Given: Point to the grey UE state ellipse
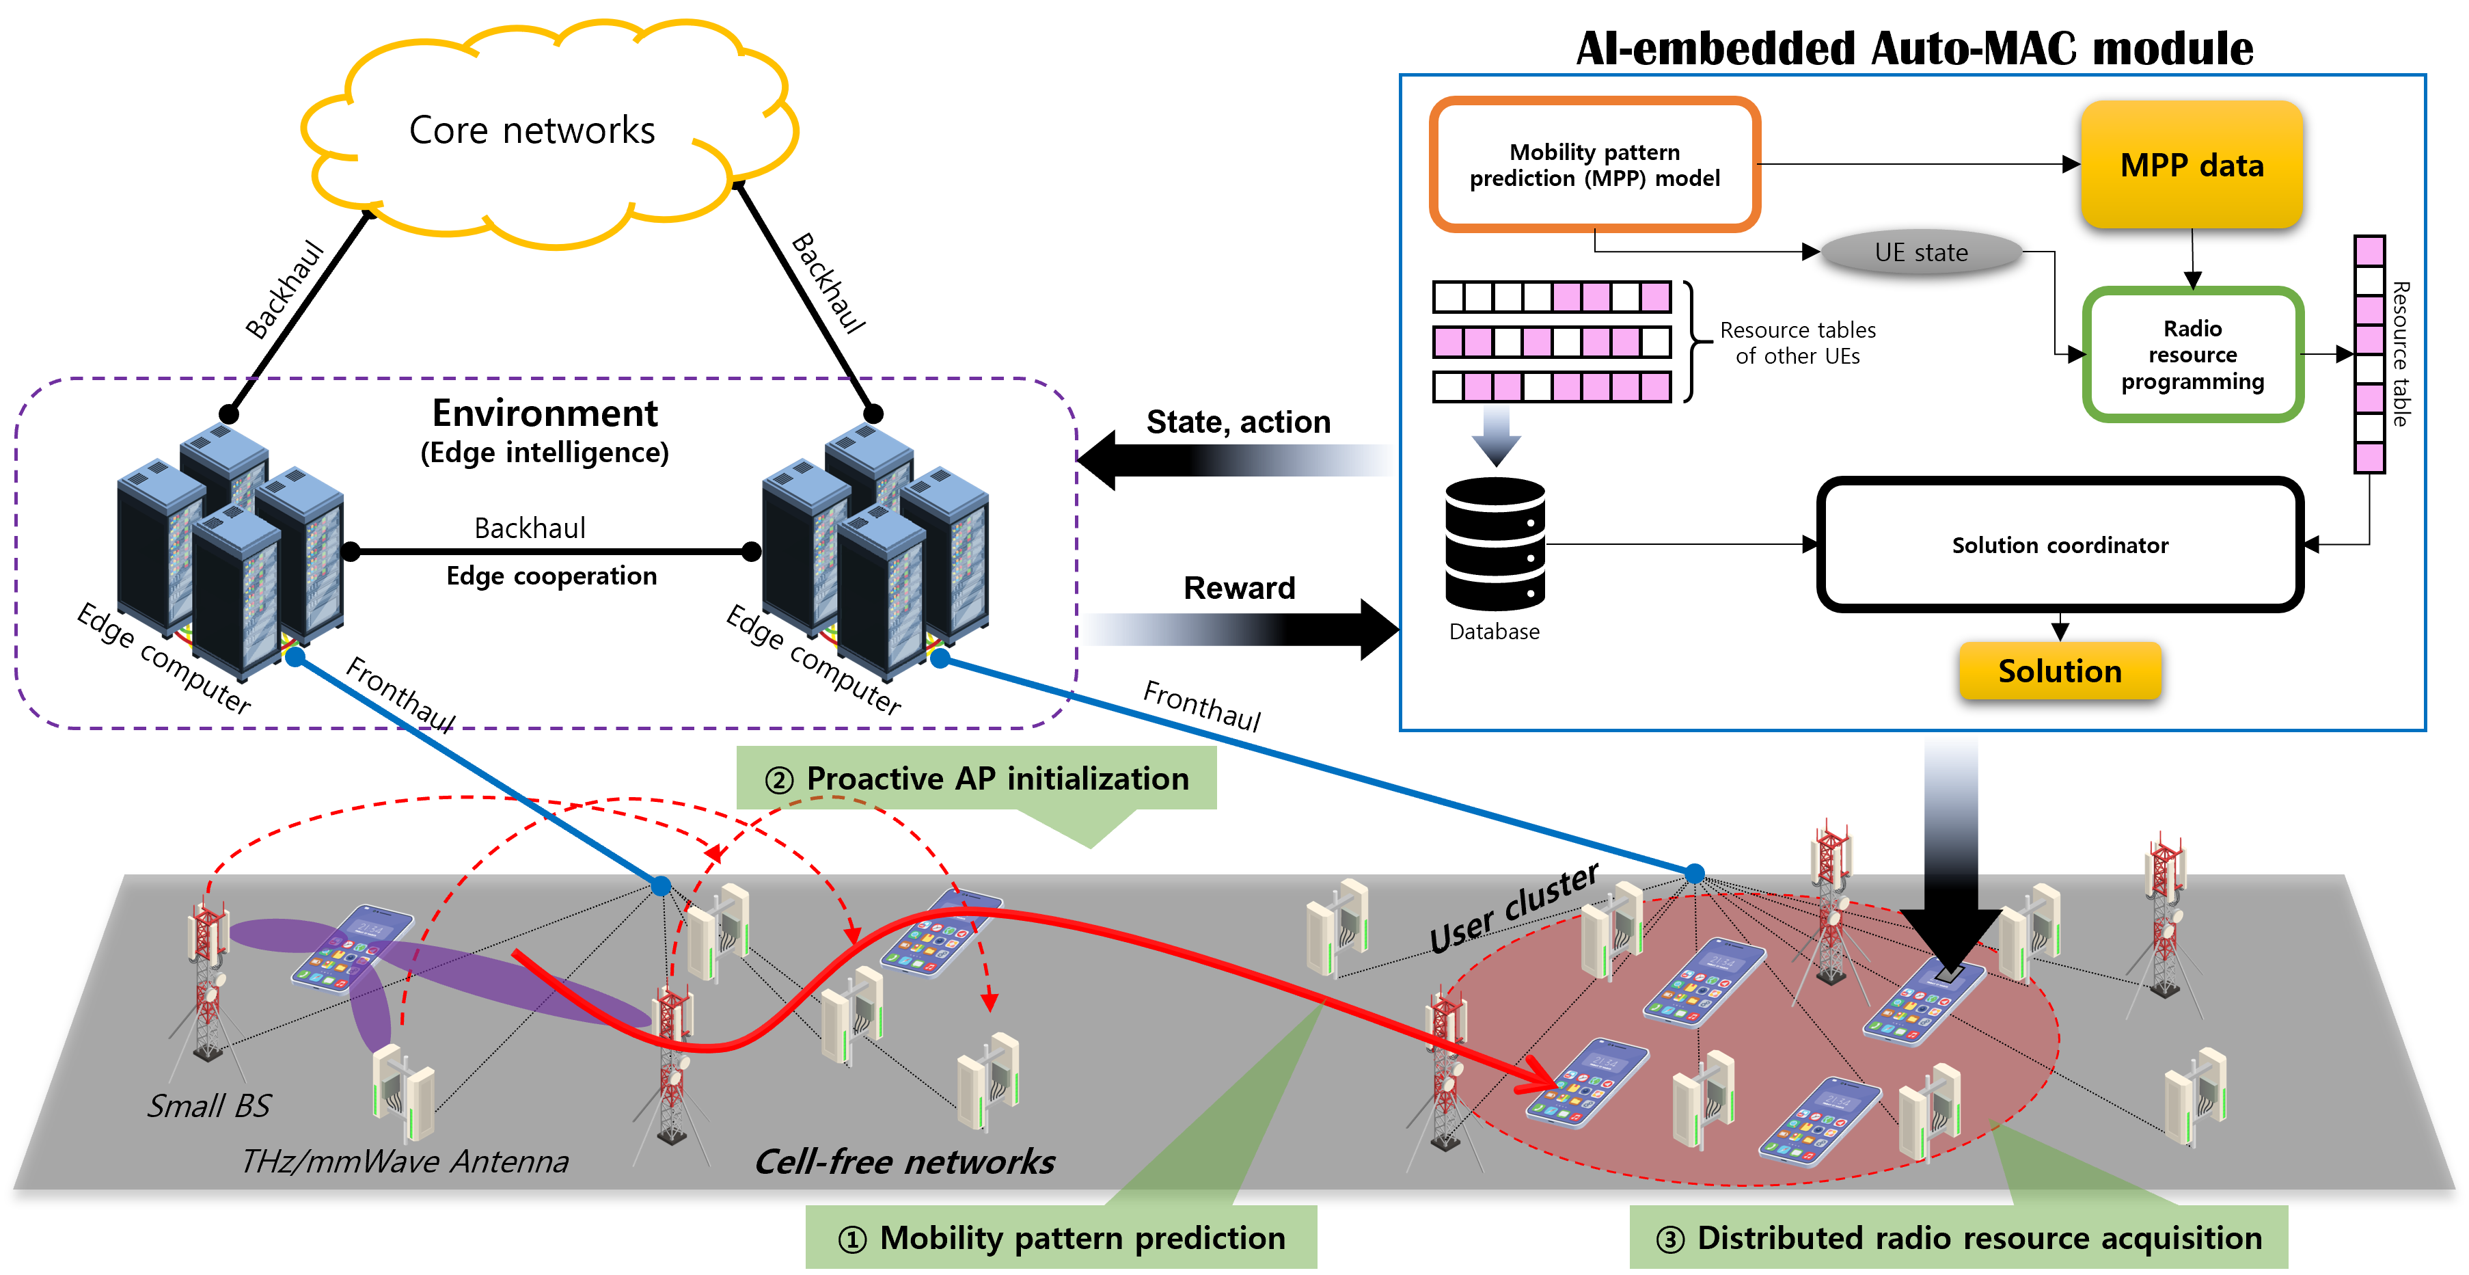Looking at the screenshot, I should [x=1921, y=252].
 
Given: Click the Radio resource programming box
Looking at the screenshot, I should [x=2192, y=355].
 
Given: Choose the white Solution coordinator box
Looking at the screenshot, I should [x=2060, y=544].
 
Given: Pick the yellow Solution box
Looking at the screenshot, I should [x=2060, y=671].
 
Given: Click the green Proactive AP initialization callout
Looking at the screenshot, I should [x=977, y=779].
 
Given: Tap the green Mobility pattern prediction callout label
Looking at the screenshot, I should [x=1061, y=1237].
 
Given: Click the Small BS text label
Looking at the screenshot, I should [x=209, y=1105].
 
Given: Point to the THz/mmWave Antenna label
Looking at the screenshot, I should [x=405, y=1161].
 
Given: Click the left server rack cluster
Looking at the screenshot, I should [x=230, y=546].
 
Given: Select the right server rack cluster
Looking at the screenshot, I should [x=875, y=546].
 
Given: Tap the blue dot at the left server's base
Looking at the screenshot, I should [x=296, y=658].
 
